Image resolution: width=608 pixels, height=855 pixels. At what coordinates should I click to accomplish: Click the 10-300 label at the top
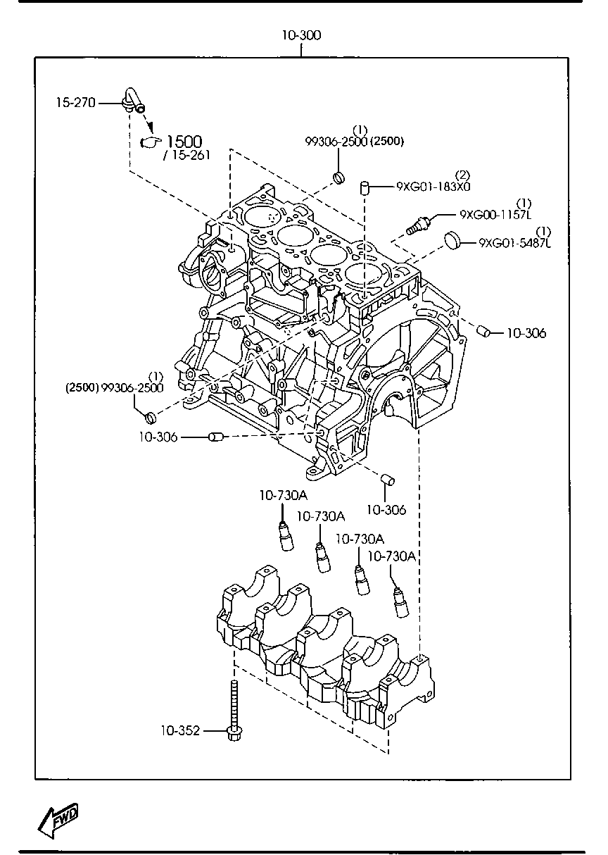tap(301, 35)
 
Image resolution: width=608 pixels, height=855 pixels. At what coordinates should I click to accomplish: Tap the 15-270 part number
tap(76, 103)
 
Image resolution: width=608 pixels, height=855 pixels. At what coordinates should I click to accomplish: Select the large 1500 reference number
tap(184, 142)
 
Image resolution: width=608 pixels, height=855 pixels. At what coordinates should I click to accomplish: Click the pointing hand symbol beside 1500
tap(151, 142)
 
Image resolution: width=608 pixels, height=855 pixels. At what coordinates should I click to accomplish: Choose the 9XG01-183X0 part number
tap(433, 186)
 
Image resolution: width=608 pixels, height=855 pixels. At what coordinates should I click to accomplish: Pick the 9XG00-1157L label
tap(495, 215)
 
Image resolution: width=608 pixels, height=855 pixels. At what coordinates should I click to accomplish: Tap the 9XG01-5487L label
tap(515, 243)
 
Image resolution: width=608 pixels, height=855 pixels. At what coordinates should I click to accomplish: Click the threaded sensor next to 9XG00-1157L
tap(419, 225)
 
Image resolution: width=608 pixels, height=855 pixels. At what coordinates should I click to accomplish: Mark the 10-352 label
tap(180, 730)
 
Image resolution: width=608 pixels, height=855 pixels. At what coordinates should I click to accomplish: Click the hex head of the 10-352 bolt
tap(234, 733)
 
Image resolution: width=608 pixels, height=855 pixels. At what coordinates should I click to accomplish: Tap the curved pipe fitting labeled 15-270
tap(134, 101)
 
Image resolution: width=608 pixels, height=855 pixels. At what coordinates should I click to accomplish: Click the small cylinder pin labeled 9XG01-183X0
tap(365, 188)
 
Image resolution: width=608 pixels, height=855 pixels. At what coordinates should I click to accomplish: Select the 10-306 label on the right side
tap(526, 333)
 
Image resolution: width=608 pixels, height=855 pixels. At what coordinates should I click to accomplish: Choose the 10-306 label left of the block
tap(158, 437)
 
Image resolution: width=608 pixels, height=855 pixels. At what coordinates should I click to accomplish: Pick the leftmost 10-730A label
tap(284, 495)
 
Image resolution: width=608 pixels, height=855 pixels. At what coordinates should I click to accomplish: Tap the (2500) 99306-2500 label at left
tap(115, 388)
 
